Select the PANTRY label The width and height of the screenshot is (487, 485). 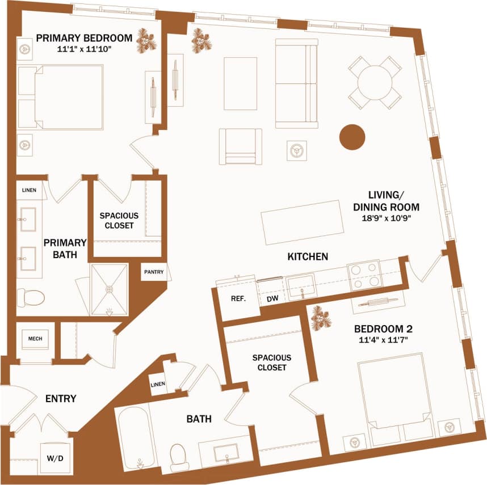[153, 272]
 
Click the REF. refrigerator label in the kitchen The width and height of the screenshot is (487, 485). [237, 299]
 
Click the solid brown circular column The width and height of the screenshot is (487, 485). [352, 137]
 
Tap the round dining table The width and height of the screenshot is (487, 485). [375, 83]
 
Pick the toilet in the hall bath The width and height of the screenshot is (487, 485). [180, 456]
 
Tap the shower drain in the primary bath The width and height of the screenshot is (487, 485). [109, 288]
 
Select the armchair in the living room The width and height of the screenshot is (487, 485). [240, 146]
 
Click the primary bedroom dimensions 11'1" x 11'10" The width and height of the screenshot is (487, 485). [84, 49]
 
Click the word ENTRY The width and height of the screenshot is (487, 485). [61, 399]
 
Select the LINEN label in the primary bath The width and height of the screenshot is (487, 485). [31, 190]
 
